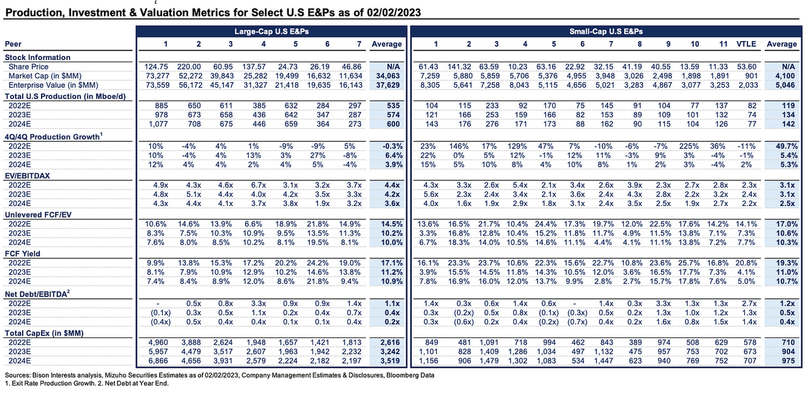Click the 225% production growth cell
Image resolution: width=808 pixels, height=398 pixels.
point(695,145)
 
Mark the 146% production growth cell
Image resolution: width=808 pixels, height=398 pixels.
point(468,145)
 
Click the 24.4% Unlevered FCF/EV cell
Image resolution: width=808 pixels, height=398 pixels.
point(553,224)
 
